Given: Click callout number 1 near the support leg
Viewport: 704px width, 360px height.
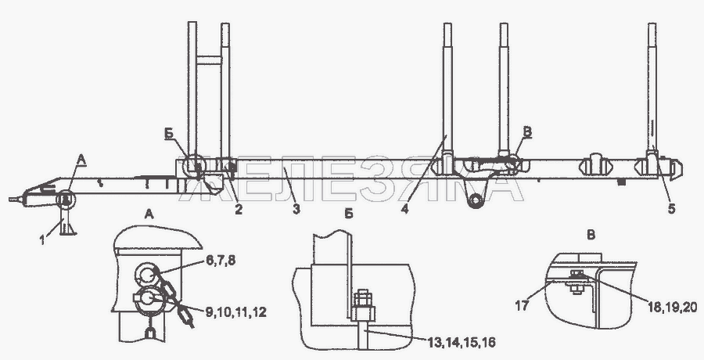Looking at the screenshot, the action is point(42,239).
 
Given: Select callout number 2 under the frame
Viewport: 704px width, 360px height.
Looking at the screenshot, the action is point(239,208).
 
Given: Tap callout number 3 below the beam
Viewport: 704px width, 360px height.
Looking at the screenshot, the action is point(296,208).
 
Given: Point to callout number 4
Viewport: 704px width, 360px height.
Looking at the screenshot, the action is point(405,208).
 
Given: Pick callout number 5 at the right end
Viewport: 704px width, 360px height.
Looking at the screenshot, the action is point(671,208).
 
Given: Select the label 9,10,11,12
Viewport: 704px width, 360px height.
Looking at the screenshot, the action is point(236,311).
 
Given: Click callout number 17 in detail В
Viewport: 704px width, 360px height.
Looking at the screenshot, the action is point(523,306).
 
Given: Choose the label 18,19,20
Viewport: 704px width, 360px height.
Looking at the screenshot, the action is point(673,307).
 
